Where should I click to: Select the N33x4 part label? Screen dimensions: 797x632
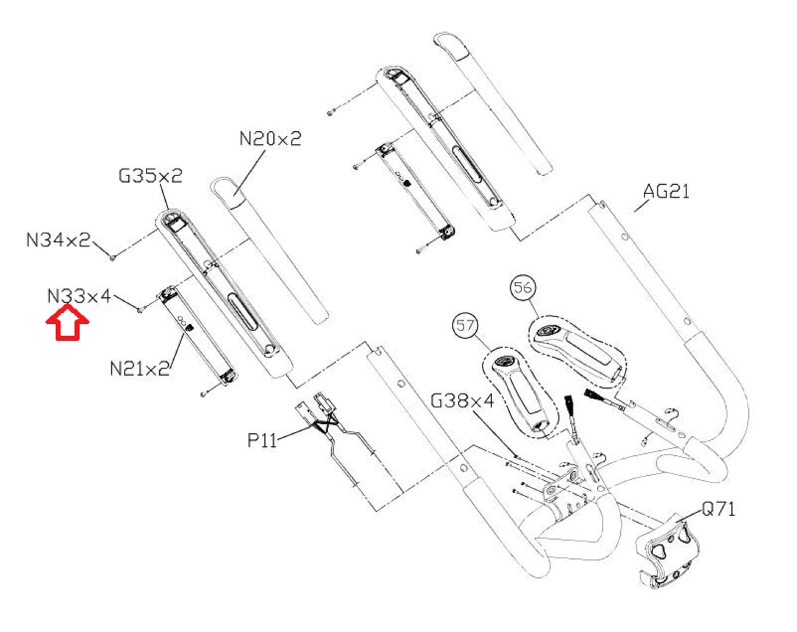[x=79, y=296]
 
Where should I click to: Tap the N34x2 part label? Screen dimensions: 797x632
[x=58, y=240]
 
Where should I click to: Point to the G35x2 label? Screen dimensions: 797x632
[x=150, y=176]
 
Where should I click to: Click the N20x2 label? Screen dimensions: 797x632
[x=271, y=139]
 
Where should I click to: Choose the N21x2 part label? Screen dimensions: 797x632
[x=140, y=369]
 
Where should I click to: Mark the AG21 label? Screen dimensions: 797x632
[x=666, y=191]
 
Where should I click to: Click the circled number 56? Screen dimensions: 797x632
[x=523, y=287]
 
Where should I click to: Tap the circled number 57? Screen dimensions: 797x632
[x=465, y=325]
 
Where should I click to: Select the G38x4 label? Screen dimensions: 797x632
[x=462, y=400]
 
